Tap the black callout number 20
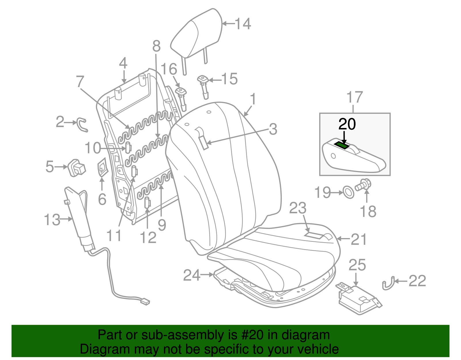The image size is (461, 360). pos(347,124)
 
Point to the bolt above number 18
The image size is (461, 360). pos(364,185)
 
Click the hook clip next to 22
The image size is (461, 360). pos(388,283)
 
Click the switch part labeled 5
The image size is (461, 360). pos(77,167)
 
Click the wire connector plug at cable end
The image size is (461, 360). pos(145,302)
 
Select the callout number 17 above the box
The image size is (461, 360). pos(355,97)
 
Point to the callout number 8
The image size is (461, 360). pos(156,46)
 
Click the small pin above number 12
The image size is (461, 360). pos(147,202)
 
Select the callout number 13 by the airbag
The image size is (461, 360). pos(52,220)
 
